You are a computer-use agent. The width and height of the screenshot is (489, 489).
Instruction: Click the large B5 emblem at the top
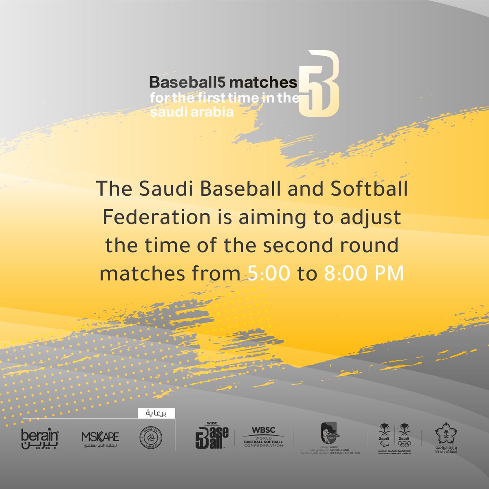click(x=319, y=84)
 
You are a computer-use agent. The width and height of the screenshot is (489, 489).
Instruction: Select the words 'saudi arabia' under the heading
click(x=192, y=112)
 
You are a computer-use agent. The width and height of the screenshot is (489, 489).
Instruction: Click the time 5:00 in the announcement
click(x=269, y=274)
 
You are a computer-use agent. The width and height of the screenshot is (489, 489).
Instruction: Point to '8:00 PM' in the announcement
click(x=363, y=274)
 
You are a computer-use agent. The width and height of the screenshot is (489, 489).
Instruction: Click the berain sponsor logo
click(x=40, y=438)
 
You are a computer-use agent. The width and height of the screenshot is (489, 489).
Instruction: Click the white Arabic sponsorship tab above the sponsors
click(x=156, y=413)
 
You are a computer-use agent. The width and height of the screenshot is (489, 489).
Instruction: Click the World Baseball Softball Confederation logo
click(x=263, y=437)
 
